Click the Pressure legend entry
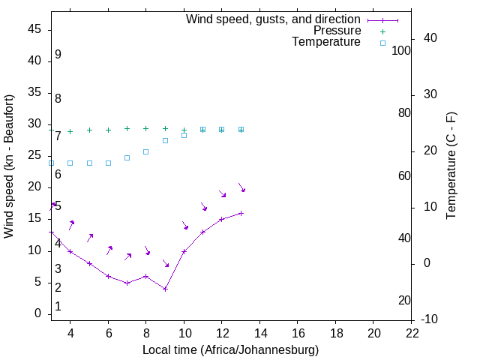[337, 31]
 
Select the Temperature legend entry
[326, 42]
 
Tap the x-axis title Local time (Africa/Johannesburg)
[230, 349]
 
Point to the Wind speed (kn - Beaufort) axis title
[9, 166]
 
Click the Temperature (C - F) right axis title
[451, 166]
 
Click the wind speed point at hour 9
[165, 289]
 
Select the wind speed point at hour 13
[241, 213]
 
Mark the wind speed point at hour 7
[127, 283]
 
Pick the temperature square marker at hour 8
[146, 151]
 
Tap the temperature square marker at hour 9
[165, 140]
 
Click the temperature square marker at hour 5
[89, 163]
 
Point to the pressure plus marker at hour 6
[108, 130]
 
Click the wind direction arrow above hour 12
[222, 193]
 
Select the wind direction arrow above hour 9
[165, 263]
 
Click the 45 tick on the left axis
[34, 29]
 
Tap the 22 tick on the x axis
[412, 332]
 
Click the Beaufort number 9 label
[58, 55]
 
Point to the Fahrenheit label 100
[401, 50]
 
